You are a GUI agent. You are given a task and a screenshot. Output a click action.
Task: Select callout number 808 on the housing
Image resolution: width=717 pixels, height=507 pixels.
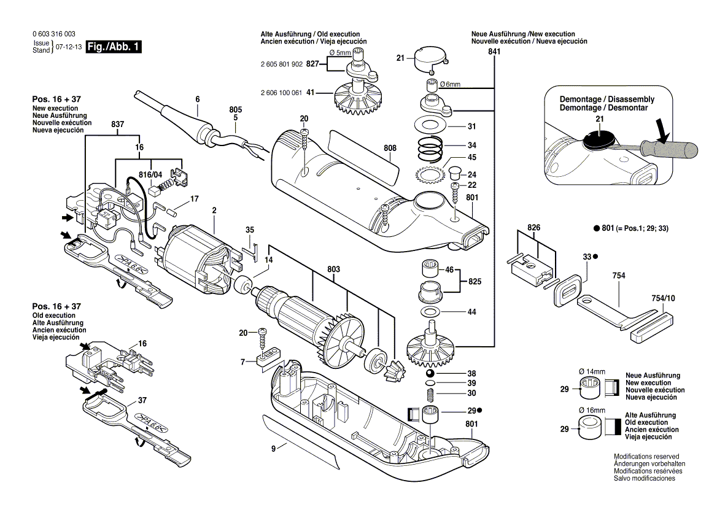(390, 148)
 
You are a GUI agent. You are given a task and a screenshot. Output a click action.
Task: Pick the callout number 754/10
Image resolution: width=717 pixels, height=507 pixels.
(662, 298)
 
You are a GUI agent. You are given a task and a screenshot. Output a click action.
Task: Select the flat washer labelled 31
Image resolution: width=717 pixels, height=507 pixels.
(433, 126)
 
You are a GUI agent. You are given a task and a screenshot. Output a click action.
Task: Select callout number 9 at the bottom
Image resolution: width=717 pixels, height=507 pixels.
(273, 448)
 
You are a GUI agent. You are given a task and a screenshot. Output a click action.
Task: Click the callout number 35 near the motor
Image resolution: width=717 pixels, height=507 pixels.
(250, 230)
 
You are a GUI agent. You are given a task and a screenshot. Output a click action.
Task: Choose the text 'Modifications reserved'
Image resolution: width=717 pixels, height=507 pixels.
(646, 457)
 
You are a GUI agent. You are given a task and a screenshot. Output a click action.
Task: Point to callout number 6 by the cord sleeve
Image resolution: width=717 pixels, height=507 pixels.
(198, 99)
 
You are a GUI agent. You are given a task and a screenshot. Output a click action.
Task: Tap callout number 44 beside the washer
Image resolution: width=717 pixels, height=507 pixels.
(471, 312)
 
